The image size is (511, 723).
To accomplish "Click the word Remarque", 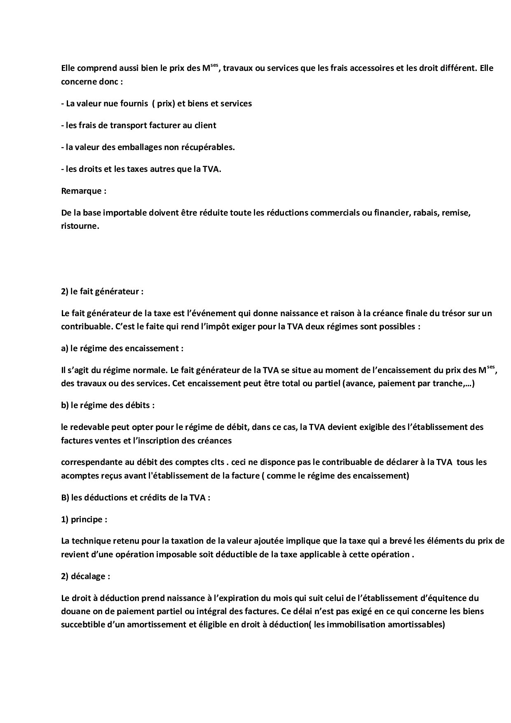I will coord(81,191).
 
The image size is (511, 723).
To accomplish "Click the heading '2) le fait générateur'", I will coord(102,291).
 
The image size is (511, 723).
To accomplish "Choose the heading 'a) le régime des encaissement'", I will coord(122,348).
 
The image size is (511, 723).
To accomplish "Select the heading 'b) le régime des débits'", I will coord(108,405).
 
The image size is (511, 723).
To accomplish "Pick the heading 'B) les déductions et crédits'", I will coord(135,498).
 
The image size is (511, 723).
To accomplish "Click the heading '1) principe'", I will coord(84,519).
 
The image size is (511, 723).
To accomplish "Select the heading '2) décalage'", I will coord(85,576).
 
